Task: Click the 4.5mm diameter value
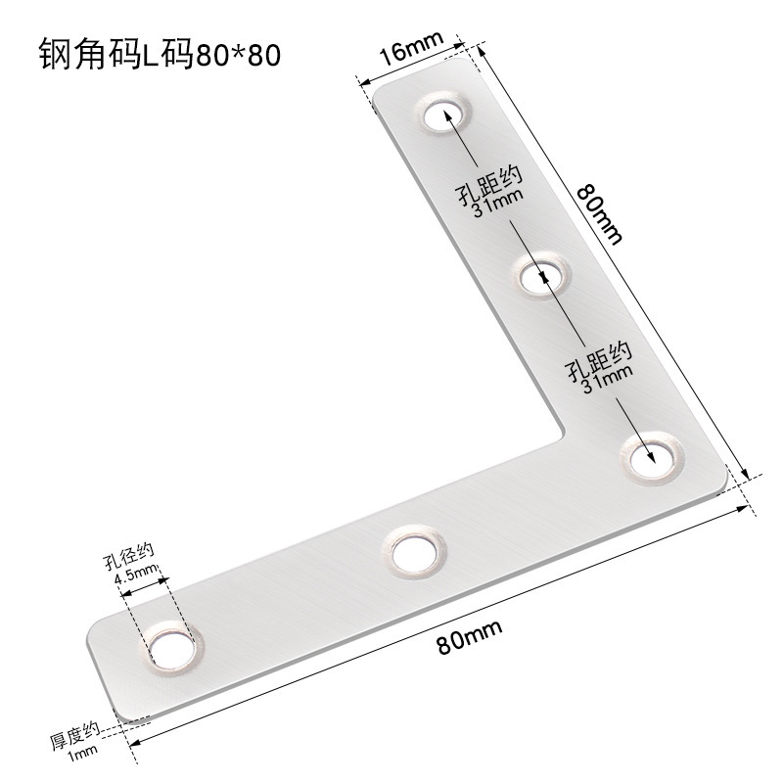[137, 577]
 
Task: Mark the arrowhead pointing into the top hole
[452, 116]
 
